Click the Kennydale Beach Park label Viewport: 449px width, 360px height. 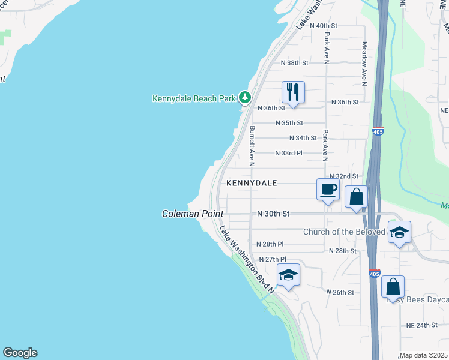[193, 98]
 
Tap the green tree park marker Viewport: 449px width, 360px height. [244, 97]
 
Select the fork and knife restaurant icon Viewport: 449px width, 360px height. [293, 92]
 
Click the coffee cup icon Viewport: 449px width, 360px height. [328, 190]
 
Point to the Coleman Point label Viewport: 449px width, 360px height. [193, 214]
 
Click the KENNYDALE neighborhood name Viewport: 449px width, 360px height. [252, 183]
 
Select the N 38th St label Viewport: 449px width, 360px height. [294, 63]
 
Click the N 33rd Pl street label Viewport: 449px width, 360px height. [289, 153]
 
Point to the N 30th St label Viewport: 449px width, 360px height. [273, 214]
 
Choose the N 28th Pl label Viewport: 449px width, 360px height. [270, 244]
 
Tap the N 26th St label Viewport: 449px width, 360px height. [340, 292]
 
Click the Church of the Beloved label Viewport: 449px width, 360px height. [343, 232]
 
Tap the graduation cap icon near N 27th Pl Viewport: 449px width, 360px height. [288, 275]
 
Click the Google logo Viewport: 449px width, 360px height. [20, 353]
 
